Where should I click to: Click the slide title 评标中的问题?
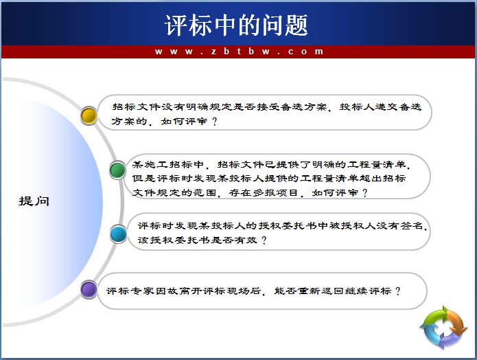pos(236,25)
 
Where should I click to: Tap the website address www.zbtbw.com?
pos(239,52)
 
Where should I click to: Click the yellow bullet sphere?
pos(89,115)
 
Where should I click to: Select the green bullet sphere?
pos(118,170)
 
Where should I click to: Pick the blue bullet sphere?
pos(118,234)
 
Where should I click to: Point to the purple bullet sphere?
pos(89,289)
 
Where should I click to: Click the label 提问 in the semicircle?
pos(34,201)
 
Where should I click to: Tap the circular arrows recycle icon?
pos(443,328)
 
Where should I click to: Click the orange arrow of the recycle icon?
pos(456,322)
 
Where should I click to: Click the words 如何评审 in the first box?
pos(185,122)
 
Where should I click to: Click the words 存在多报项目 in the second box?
pos(264,193)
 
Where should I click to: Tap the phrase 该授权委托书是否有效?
pos(198,240)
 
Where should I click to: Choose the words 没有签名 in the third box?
pos(399,225)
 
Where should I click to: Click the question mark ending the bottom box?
pos(398,291)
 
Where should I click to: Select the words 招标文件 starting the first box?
pos(137,106)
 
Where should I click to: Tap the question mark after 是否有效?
pos(264,240)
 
